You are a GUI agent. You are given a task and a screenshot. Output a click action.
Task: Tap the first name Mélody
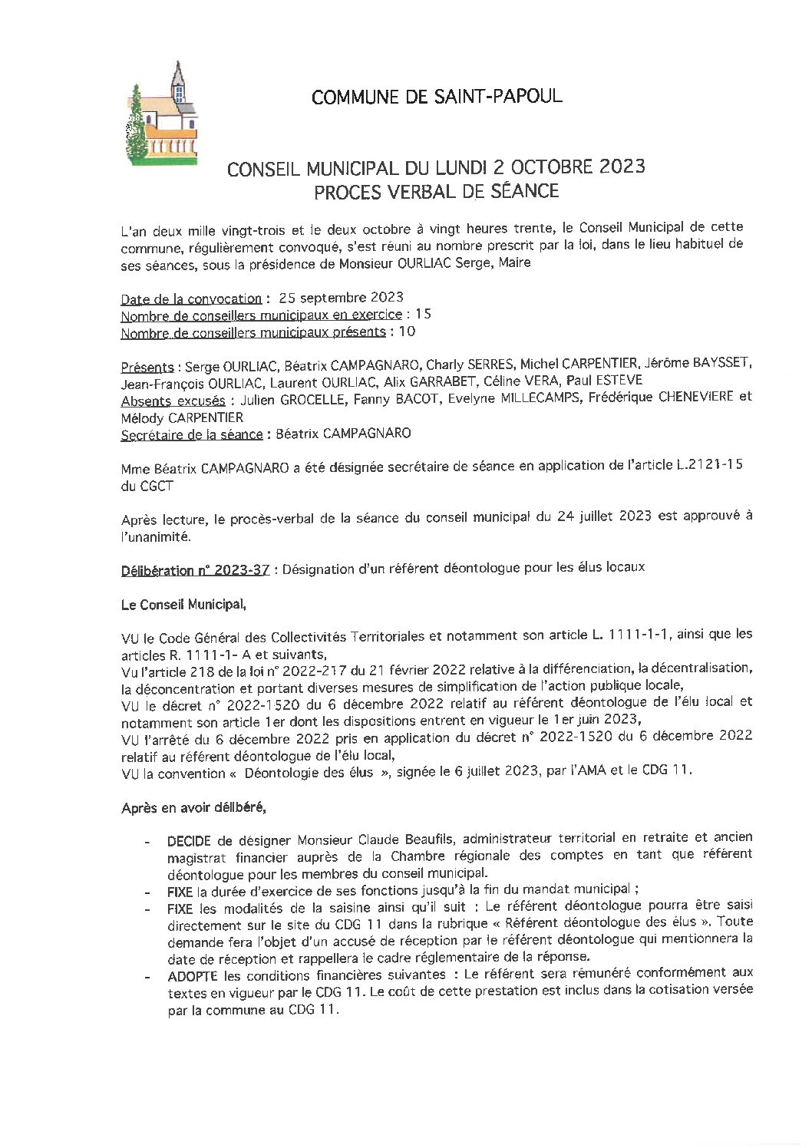tap(143, 417)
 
